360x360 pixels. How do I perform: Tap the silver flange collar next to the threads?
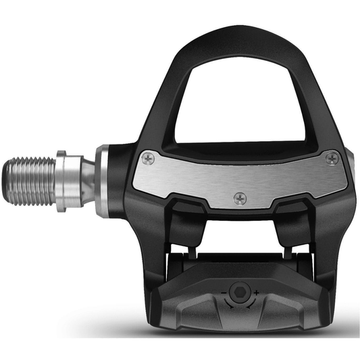pos(61,181)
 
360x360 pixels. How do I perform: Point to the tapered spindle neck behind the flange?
pos(82,181)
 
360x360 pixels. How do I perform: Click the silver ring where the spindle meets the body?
pos(102,182)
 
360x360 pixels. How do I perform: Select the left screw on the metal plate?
pos(149,158)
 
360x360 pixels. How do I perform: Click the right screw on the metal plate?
pos(330,159)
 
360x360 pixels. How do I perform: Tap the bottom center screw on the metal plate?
pos(238,199)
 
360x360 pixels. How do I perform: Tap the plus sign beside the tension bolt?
pos(256,291)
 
